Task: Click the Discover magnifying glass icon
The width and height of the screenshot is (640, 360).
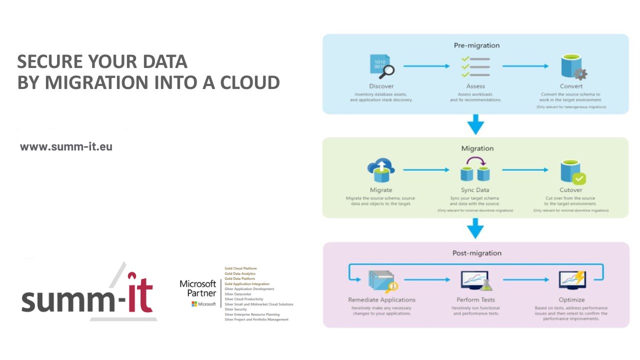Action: [x=381, y=66]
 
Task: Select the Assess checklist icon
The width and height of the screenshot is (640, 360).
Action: [x=475, y=66]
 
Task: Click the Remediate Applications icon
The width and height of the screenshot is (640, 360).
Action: [x=382, y=281]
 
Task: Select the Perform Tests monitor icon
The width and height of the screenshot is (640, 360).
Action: [x=475, y=281]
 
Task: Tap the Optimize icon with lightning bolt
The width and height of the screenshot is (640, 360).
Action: [x=572, y=281]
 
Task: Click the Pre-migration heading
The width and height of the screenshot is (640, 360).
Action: [x=476, y=45]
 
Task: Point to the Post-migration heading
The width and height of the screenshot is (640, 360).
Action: [x=476, y=253]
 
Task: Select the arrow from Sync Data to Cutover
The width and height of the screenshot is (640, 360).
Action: [x=524, y=170]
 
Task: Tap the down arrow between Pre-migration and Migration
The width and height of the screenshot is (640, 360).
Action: [x=475, y=124]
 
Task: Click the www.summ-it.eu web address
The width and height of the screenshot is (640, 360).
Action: [x=66, y=147]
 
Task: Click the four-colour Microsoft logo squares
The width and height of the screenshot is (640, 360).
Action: [x=194, y=304]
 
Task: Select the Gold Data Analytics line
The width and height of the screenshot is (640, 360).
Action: [x=240, y=273]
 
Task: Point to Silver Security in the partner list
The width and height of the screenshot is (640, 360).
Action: [x=236, y=309]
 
